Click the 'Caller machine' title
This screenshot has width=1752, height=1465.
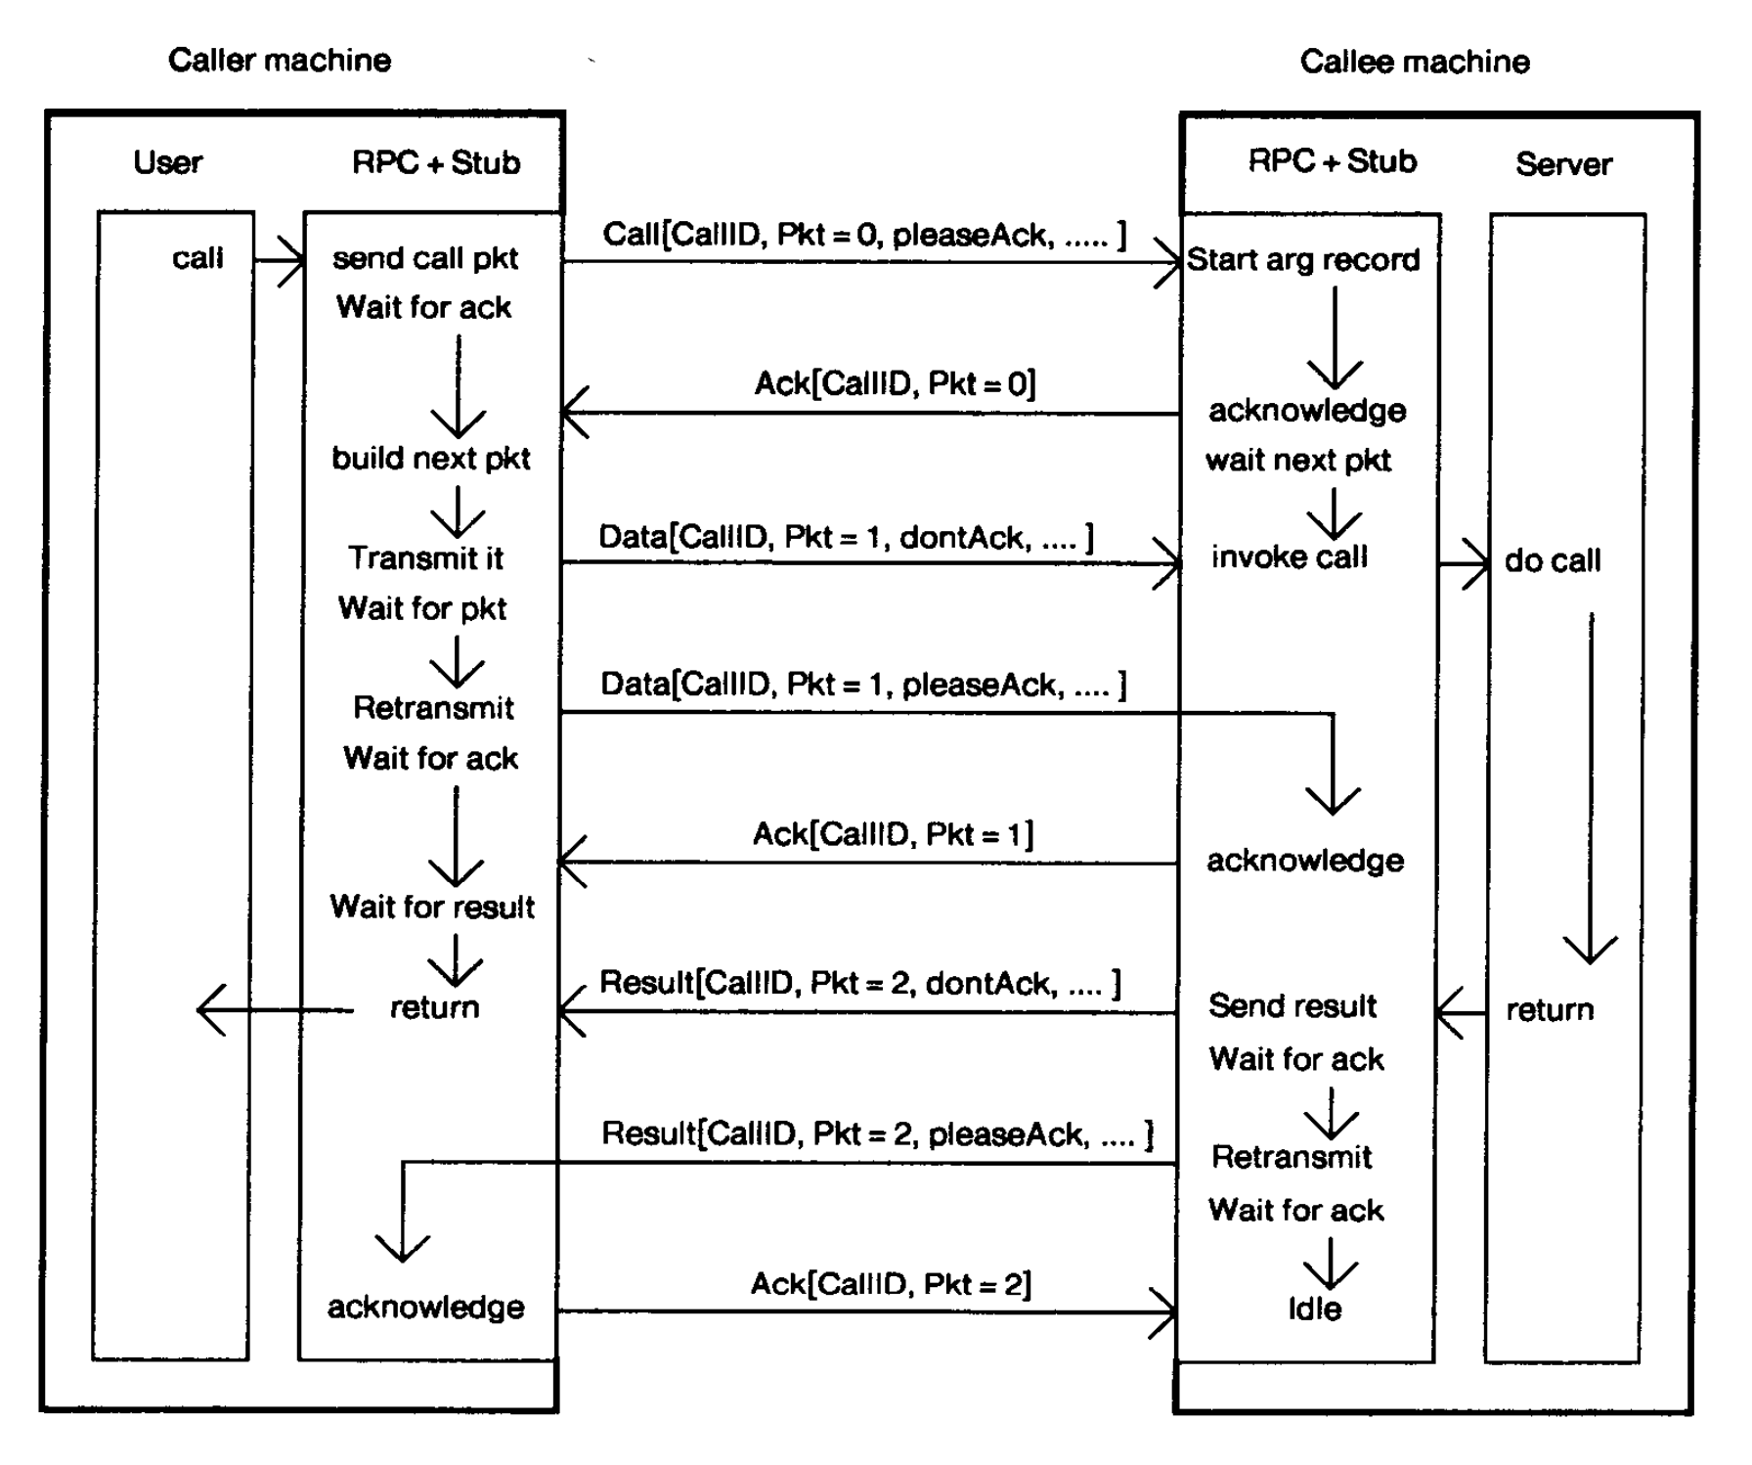pos(280,60)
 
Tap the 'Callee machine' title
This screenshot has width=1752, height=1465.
pos(1414,62)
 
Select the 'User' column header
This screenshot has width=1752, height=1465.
pos(168,161)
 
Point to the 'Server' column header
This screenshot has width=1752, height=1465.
pos(1563,163)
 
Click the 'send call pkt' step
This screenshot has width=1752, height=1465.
pos(425,258)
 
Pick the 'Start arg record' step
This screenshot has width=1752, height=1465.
pos(1303,259)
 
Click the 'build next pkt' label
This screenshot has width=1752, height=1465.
pos(431,458)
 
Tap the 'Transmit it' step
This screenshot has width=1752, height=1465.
pos(425,557)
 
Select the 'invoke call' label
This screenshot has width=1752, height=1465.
pos(1290,556)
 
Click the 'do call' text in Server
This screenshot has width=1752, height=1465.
pos(1553,560)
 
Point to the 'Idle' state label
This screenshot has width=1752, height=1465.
pos(1314,1309)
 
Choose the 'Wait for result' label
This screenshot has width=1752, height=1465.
pos(432,907)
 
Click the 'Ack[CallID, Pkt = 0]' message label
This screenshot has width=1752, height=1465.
pos(895,383)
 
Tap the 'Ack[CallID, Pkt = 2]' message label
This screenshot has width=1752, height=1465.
pos(891,1284)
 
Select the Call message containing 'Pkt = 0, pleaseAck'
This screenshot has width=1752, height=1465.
pos(864,235)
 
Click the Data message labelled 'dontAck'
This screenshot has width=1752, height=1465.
pos(846,537)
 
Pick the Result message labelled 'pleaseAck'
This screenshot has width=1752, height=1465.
pos(877,1133)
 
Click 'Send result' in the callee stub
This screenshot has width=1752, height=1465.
pos(1292,1005)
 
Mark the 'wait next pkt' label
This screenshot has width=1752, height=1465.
pos(1298,460)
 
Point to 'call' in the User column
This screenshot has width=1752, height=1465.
pos(197,258)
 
